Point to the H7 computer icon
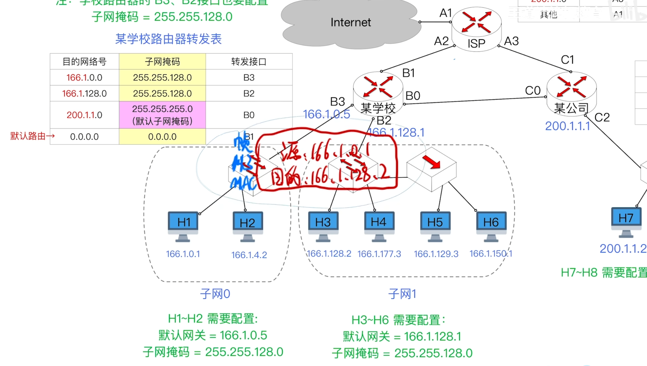coord(626,222)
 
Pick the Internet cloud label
coord(351,22)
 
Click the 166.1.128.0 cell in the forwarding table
coord(84,94)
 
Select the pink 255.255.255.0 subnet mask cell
coord(162,115)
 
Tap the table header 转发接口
coord(249,62)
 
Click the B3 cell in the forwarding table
coord(249,78)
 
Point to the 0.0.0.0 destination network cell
coord(84,137)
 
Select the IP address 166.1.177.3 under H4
coord(379,254)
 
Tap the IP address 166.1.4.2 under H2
coord(249,255)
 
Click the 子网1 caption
coord(402,294)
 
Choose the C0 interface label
coord(533,91)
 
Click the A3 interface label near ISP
coord(511,41)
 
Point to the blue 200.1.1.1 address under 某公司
coord(568,126)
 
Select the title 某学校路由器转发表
coord(168,39)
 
